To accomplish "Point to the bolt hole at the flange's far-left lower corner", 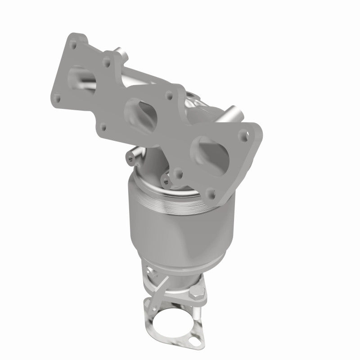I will point(57,96).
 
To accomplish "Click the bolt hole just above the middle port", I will point(170,94).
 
